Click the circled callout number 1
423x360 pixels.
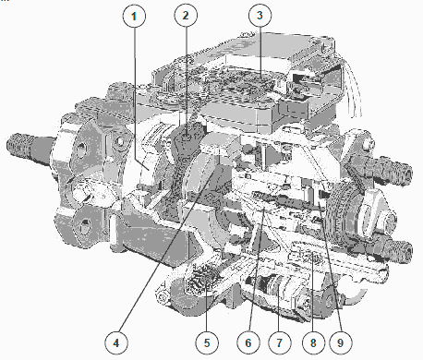pos(134,16)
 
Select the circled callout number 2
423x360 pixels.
pos(186,16)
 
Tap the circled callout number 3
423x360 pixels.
pos(260,15)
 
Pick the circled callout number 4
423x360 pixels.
pos(116,342)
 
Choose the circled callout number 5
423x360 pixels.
pos(207,342)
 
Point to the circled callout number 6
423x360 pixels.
pos(248,342)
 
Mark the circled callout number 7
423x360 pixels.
pos(279,342)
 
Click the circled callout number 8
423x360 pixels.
pos(313,342)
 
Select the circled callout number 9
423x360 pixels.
pos(340,342)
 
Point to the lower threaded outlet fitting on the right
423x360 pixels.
pos(395,248)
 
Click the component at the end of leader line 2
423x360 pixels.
pos(187,137)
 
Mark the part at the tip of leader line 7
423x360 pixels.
pos(278,284)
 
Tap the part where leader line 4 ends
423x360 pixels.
pos(213,174)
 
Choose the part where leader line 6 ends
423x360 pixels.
pos(264,207)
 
